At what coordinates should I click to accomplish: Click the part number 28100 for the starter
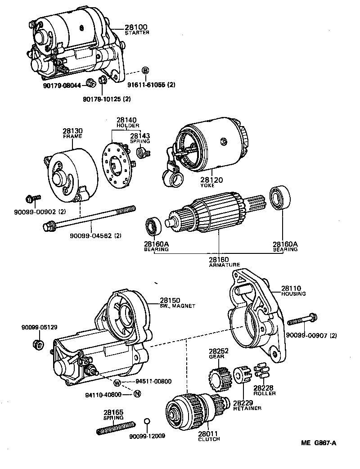click(x=135, y=27)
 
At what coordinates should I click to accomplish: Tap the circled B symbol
click(x=145, y=70)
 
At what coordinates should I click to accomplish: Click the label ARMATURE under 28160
click(x=225, y=265)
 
